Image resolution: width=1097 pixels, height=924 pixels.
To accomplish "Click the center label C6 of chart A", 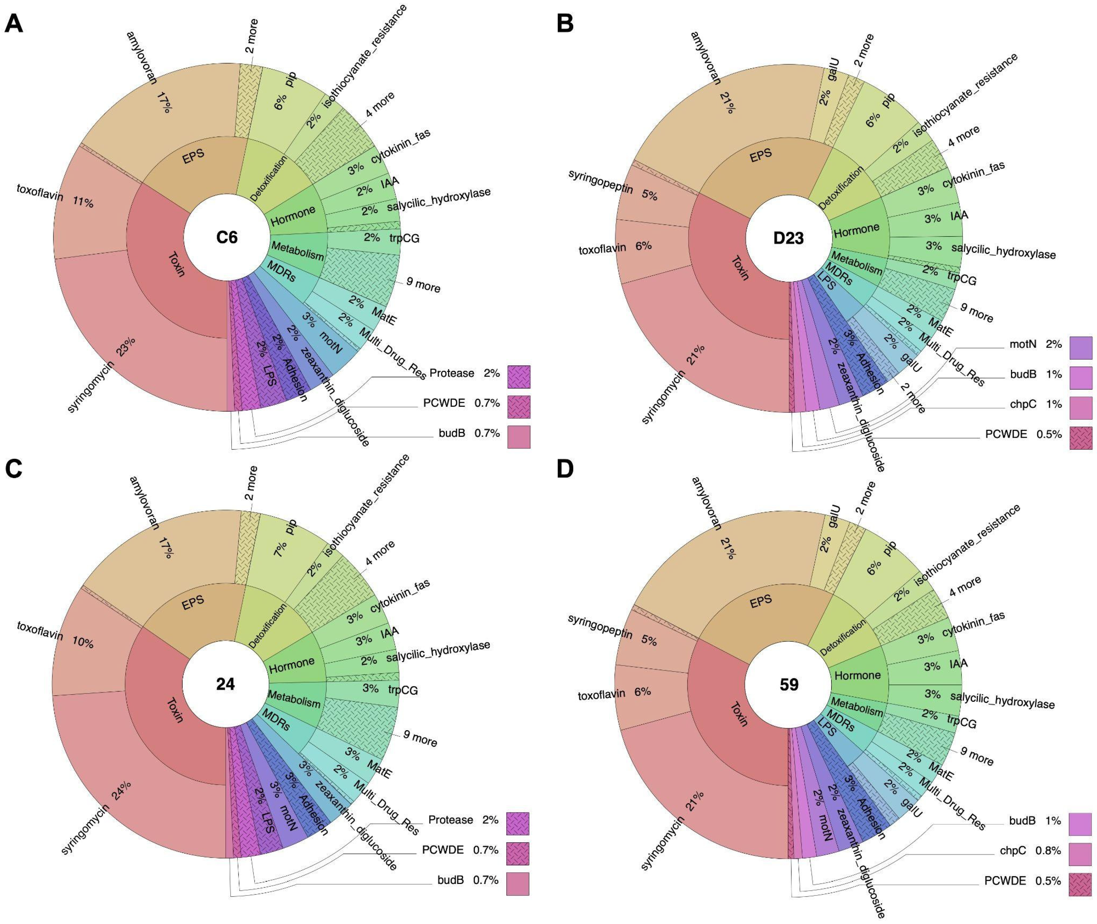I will tap(227, 237).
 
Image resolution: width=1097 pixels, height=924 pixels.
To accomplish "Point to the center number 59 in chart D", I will tap(789, 685).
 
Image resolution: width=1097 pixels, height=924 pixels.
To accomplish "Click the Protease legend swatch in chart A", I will tap(518, 377).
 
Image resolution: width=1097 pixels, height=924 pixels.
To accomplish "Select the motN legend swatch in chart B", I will tap(1081, 348).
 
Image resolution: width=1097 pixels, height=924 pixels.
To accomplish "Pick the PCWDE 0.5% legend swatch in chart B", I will tap(1081, 438).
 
